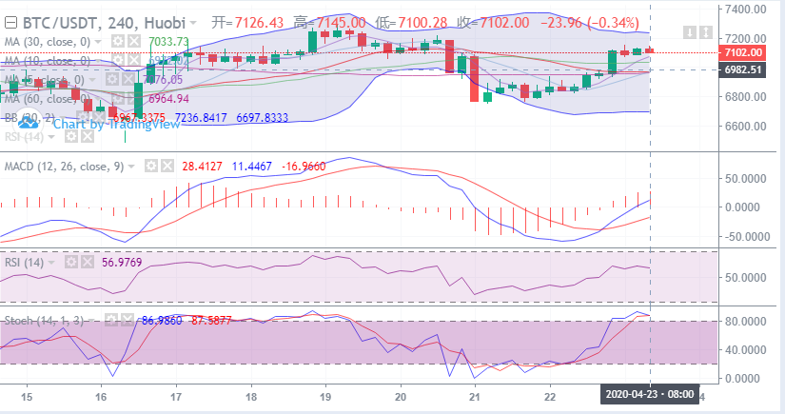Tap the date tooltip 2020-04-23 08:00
pos(649,394)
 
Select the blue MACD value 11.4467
pos(252,166)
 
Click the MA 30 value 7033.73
pos(169,42)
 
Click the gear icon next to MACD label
pos(150,166)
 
